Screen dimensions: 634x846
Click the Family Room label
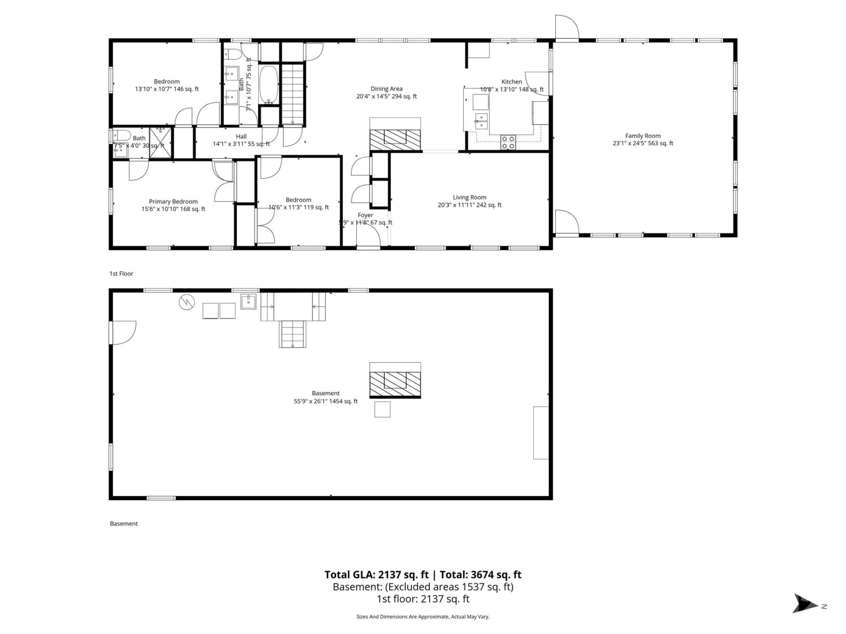pos(642,136)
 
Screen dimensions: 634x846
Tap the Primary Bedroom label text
pos(173,202)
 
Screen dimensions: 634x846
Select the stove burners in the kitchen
pos(508,142)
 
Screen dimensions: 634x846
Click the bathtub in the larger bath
pos(268,84)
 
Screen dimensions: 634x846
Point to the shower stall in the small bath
pos(160,142)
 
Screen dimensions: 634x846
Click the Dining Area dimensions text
pos(386,96)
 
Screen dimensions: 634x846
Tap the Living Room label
pos(469,198)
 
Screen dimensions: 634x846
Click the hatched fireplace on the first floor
pos(395,140)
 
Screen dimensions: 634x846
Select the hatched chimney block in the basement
pos(395,383)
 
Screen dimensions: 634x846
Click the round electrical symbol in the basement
pos(187,302)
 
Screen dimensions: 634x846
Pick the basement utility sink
pos(249,302)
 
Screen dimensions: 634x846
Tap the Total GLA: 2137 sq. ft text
pos(376,575)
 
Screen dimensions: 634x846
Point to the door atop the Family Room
pos(567,27)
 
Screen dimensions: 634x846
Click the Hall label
pos(241,136)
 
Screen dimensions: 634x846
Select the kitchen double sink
pos(481,121)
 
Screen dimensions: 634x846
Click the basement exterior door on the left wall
pos(122,332)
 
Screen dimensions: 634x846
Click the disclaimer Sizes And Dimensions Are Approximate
pos(423,617)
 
